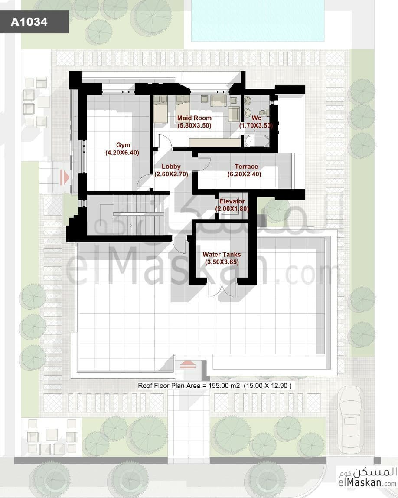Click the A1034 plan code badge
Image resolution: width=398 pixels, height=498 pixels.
[x=34, y=22]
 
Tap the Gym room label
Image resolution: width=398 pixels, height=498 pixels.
[x=123, y=145]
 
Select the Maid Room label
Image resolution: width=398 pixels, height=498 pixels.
[x=194, y=118]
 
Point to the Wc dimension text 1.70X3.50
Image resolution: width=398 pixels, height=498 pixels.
[x=256, y=125]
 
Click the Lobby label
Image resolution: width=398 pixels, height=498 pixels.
[x=171, y=167]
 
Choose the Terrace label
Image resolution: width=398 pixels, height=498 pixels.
[x=246, y=167]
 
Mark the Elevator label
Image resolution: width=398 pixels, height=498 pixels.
[x=232, y=201]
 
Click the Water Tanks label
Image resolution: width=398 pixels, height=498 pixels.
[x=222, y=254]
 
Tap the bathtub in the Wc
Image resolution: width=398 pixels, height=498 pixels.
[x=257, y=141]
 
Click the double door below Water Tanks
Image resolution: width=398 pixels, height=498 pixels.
[x=222, y=288]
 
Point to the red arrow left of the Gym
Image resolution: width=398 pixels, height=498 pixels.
[x=65, y=177]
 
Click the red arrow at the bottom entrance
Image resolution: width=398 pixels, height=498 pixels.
[x=188, y=364]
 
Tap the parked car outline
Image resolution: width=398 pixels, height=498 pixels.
[x=350, y=419]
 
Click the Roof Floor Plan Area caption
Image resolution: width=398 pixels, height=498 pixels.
[x=215, y=386]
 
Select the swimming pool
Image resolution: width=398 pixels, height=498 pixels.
[x=258, y=21]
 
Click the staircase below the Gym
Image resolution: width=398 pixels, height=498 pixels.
[x=139, y=214]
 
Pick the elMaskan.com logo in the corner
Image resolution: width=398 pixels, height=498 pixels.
[x=368, y=477]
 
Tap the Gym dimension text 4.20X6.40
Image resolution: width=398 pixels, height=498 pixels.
[x=122, y=153]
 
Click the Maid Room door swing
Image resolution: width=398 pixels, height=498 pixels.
[x=165, y=141]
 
